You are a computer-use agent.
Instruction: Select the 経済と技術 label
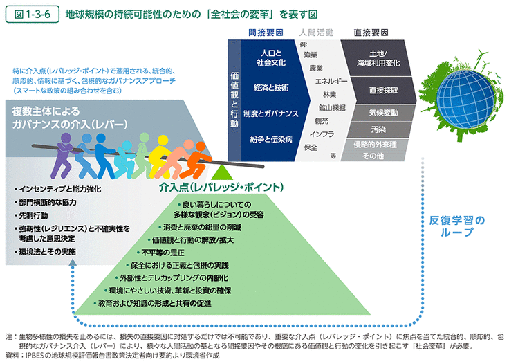[271, 89]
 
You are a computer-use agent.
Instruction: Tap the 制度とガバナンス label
[271, 113]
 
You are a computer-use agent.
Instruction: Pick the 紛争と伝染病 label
[271, 138]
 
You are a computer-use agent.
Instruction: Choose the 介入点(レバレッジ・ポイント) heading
[221, 187]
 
